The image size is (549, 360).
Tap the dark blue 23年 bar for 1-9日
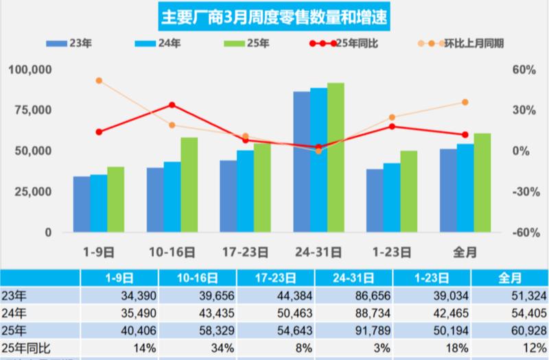click(82, 204)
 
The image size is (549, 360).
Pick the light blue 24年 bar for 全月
click(466, 188)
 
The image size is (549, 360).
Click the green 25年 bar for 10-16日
click(189, 185)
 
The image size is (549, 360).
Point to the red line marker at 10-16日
click(172, 105)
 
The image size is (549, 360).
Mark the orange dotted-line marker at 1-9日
click(99, 80)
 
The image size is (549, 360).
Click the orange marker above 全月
click(465, 102)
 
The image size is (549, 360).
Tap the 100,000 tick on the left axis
click(30, 70)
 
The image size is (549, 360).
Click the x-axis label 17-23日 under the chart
click(245, 252)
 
